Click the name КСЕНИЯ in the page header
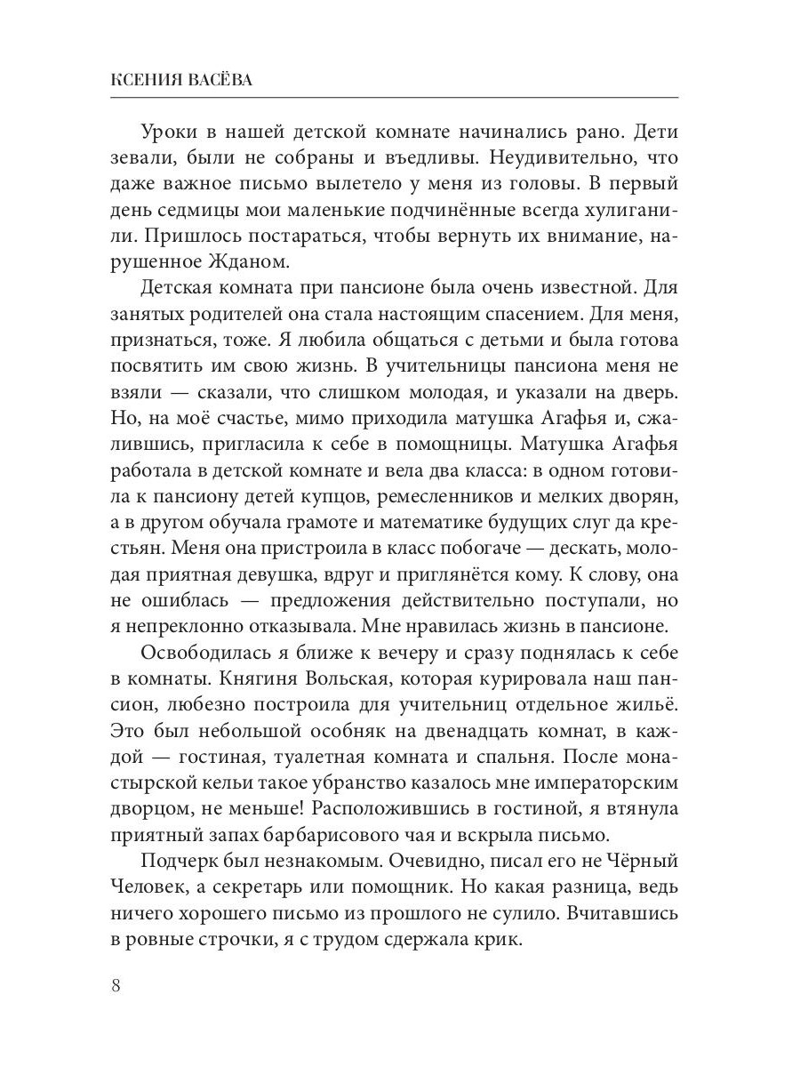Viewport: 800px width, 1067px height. [148, 80]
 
